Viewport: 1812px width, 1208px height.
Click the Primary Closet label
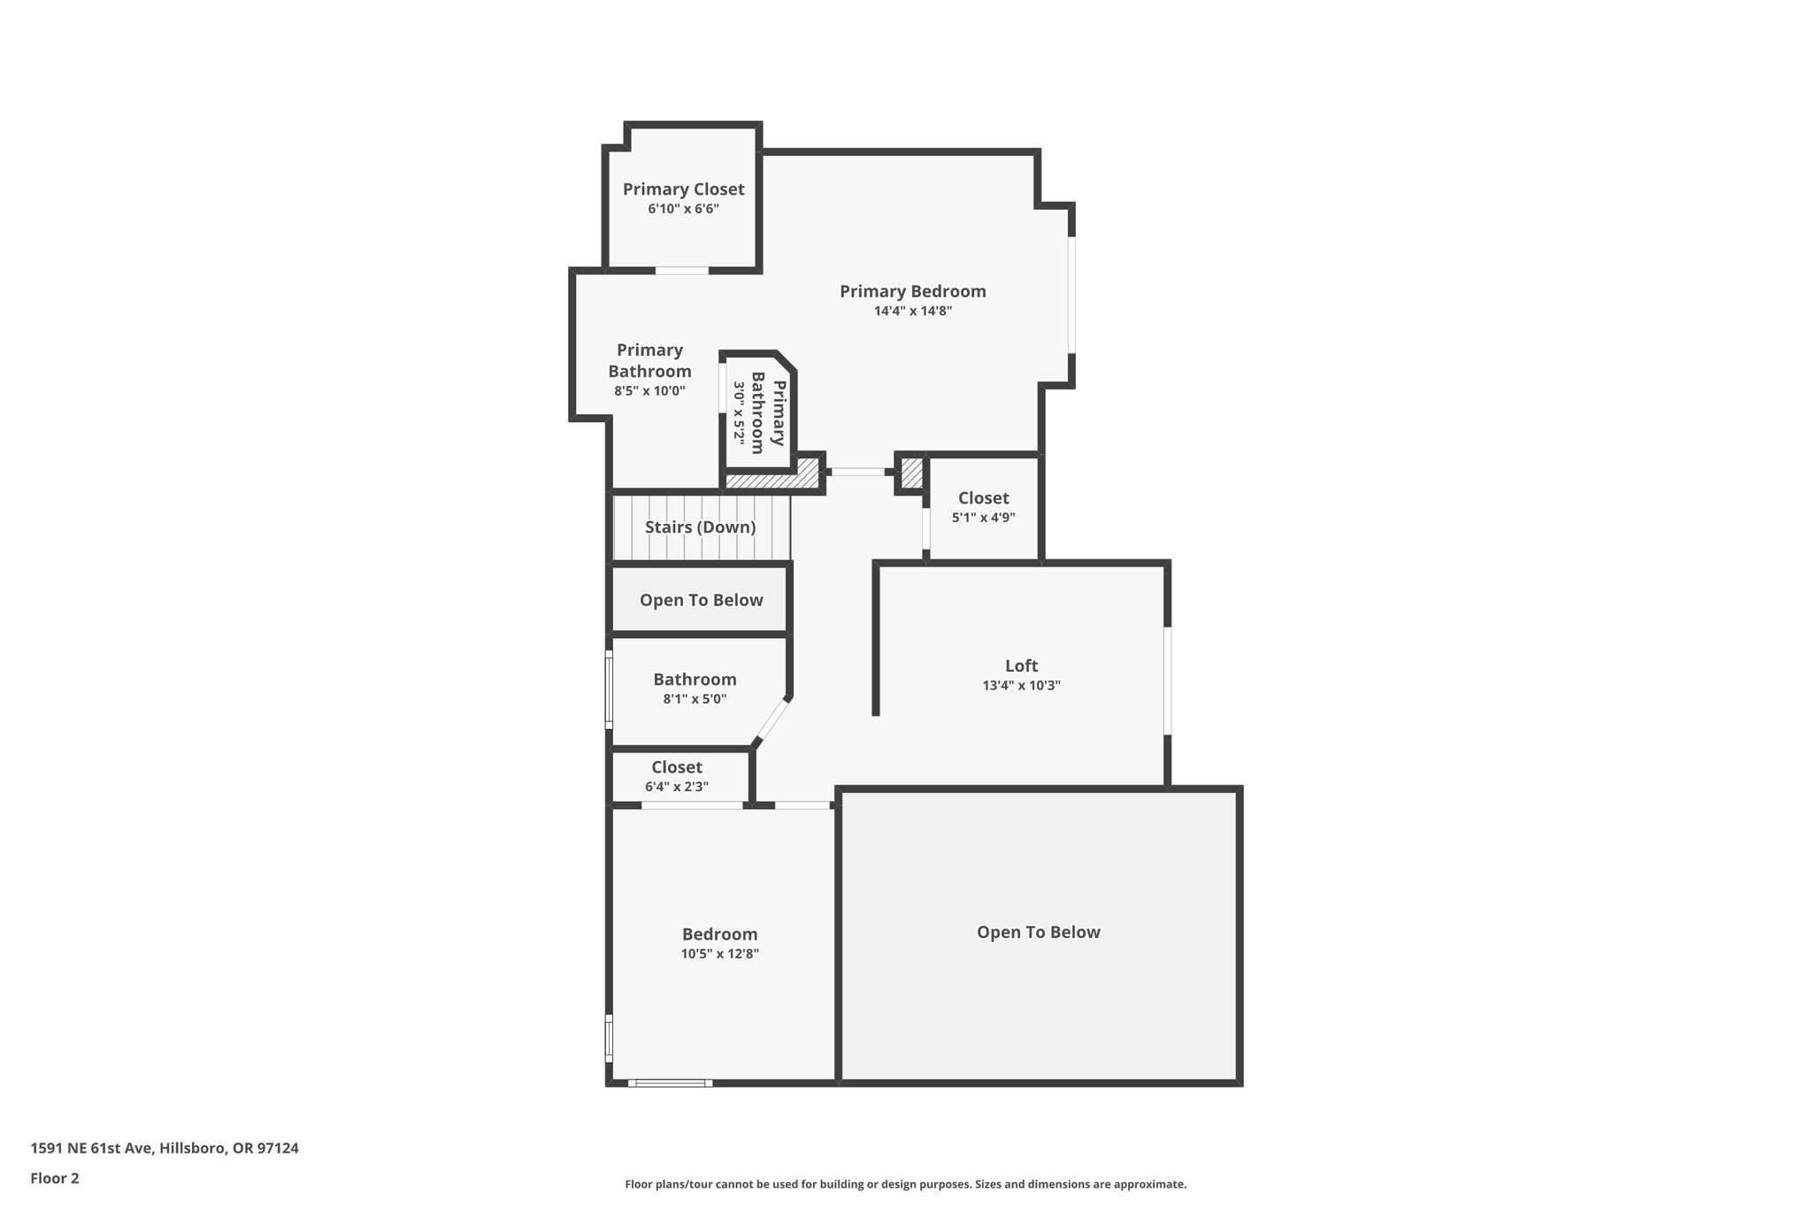click(x=683, y=189)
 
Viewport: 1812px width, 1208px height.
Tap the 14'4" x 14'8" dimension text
click(x=912, y=312)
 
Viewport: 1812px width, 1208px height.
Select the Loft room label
click(x=1021, y=666)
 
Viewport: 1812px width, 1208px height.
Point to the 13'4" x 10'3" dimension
click(x=1021, y=686)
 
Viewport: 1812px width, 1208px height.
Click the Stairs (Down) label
click(x=700, y=527)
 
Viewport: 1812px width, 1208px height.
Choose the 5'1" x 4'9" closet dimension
click(x=983, y=518)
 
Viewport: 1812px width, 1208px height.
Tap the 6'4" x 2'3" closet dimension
click(x=677, y=787)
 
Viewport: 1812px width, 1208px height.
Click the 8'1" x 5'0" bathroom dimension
click(x=695, y=699)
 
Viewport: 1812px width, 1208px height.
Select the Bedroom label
click(x=719, y=935)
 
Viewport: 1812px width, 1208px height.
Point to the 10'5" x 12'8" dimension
click(x=719, y=954)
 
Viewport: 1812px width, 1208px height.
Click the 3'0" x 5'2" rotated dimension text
click(x=739, y=412)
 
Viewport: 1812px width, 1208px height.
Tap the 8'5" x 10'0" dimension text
click(x=649, y=391)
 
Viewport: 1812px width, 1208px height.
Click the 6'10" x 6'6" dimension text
click(x=683, y=210)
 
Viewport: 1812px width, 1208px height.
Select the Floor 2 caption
click(x=55, y=1179)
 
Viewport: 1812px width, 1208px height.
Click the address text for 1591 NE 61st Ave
click(x=165, y=1149)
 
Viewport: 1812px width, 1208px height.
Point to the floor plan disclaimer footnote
click(x=905, y=1185)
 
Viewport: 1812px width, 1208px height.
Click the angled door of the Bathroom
click(x=772, y=719)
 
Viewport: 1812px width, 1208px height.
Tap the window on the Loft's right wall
click(x=1168, y=681)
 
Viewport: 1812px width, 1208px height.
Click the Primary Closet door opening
click(x=681, y=270)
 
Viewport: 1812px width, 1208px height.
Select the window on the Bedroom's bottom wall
click(x=670, y=1082)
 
